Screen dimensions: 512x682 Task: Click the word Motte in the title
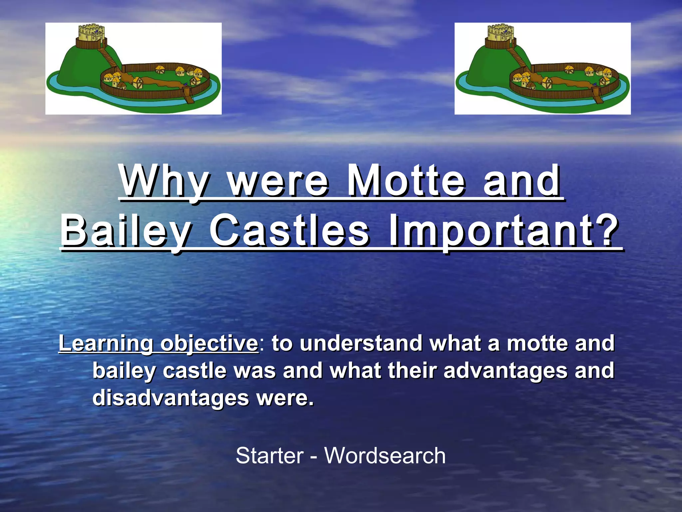tap(406, 182)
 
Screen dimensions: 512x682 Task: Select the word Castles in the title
tap(289, 231)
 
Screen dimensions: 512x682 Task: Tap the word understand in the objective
tap(361, 343)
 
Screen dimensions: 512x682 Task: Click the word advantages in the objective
tap(505, 371)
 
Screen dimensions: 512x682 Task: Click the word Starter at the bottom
tap(270, 456)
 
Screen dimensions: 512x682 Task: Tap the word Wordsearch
tap(385, 456)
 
